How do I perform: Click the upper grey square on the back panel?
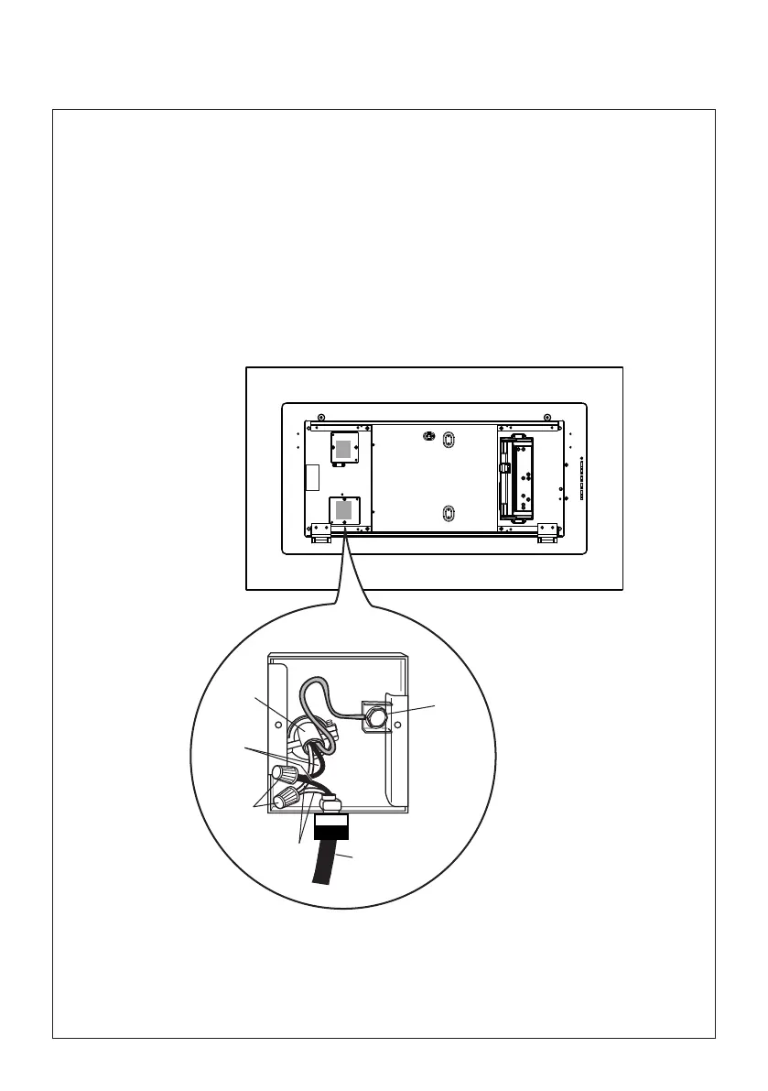point(342,448)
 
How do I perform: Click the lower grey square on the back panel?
point(342,509)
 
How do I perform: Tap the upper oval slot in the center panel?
point(447,441)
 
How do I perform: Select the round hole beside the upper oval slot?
point(427,435)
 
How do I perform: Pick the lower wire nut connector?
point(291,798)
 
